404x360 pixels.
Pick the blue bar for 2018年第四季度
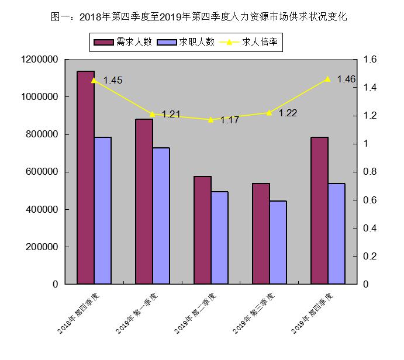(x=103, y=210)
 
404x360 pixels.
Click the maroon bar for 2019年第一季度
(x=144, y=201)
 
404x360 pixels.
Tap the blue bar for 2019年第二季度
(x=220, y=237)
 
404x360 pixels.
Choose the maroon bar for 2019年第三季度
(x=261, y=233)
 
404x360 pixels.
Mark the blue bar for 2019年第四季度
(x=337, y=233)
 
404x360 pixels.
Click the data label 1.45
(x=112, y=81)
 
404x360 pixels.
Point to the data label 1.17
(x=230, y=120)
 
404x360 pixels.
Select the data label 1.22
(x=288, y=113)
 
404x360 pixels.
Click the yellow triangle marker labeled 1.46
(x=327, y=79)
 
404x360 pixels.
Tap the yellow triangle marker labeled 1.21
(x=152, y=114)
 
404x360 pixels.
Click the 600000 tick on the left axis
(x=40, y=172)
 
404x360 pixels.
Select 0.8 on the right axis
(x=371, y=172)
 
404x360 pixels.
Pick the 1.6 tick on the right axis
(x=371, y=60)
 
